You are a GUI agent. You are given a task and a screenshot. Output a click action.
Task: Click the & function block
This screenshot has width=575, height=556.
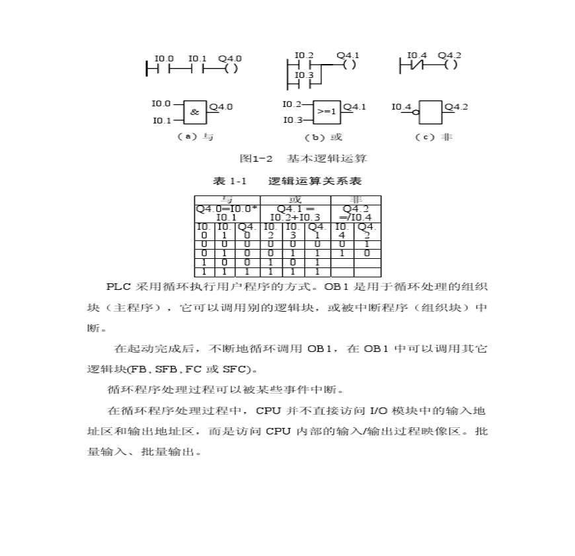[x=194, y=112]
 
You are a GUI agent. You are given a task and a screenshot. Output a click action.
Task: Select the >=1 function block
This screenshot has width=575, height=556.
[x=326, y=112]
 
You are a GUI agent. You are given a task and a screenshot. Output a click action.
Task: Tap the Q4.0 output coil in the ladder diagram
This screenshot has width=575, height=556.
[x=231, y=68]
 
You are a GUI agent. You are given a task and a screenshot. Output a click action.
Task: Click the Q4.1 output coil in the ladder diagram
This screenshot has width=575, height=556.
[x=350, y=65]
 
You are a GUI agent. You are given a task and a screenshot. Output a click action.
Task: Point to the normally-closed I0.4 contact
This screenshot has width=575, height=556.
[x=413, y=65]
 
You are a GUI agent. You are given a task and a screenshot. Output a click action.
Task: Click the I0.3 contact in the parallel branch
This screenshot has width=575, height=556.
[x=303, y=85]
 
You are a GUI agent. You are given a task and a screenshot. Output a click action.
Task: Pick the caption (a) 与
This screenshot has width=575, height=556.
[x=194, y=137]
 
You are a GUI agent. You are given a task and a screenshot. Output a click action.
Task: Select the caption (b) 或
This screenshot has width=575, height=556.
[x=323, y=137]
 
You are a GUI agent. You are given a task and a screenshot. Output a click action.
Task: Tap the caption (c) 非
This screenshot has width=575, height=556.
[x=434, y=137]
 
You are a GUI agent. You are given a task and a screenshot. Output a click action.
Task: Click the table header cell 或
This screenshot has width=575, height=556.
[x=295, y=199]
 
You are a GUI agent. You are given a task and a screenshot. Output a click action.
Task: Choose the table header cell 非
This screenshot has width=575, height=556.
[x=356, y=199]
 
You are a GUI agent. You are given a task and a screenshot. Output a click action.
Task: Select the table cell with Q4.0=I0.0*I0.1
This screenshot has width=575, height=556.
[x=227, y=212]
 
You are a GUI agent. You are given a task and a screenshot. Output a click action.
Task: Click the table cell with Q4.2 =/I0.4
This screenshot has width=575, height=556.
[x=356, y=212]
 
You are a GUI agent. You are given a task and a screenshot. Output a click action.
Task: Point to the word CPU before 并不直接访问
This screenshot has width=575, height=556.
[x=268, y=410]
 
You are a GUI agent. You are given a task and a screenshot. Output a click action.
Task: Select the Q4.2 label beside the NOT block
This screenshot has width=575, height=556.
[x=455, y=106]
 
